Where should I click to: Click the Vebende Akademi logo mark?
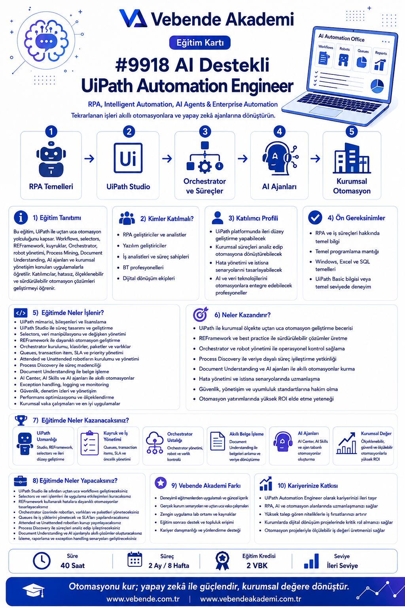click(133, 19)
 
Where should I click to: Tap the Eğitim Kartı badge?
click(200, 43)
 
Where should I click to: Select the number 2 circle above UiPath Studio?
click(129, 132)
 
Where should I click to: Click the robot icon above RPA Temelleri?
click(51, 159)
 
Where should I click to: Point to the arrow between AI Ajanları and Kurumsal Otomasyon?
click(315, 158)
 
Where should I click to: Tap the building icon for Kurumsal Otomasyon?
click(352, 158)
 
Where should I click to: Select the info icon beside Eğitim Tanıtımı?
click(21, 217)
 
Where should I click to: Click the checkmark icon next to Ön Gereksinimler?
click(315, 218)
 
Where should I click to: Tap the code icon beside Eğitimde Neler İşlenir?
click(21, 313)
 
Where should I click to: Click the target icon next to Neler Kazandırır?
click(200, 314)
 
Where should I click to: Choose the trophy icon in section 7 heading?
click(21, 420)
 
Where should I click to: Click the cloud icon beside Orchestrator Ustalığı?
click(155, 443)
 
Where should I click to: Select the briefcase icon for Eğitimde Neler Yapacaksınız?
click(20, 481)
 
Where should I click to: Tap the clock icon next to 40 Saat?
click(42, 561)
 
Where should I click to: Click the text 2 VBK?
click(257, 566)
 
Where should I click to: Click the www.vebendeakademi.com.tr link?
click(251, 599)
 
